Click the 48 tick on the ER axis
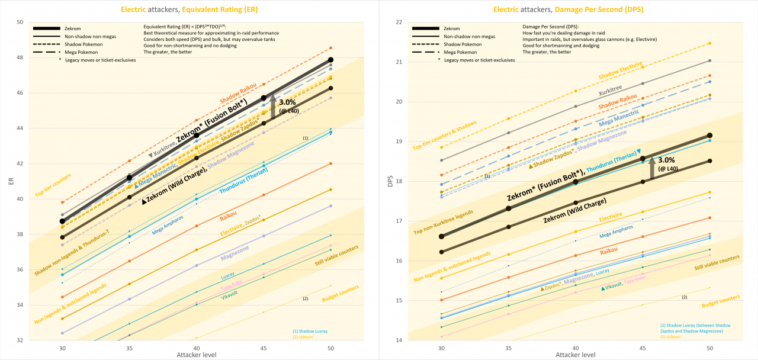pos(20,57)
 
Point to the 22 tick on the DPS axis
pos(398,22)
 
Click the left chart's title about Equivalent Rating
pos(189,9)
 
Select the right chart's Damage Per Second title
pos(568,9)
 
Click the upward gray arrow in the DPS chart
pos(652,168)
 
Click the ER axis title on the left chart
pos(9,181)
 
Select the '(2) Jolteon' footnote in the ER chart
pos(302,337)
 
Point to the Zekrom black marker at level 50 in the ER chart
pos(330,60)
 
